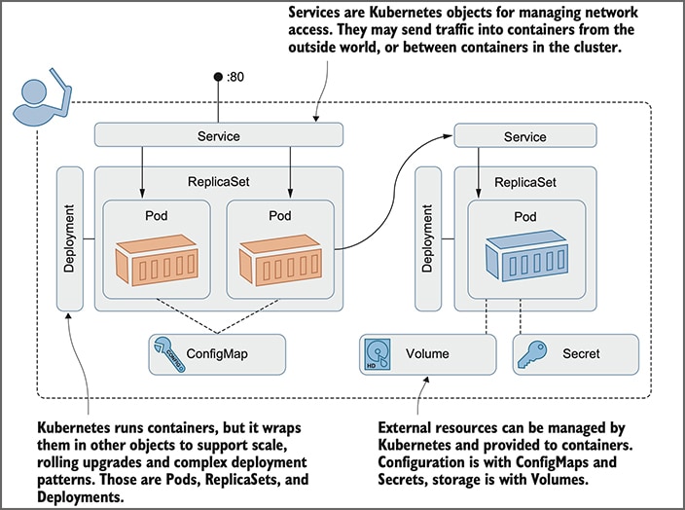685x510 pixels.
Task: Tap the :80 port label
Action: click(x=235, y=77)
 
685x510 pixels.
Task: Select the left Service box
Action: click(x=218, y=136)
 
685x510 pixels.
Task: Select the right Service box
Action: click(x=524, y=137)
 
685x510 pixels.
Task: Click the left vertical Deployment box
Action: click(x=70, y=238)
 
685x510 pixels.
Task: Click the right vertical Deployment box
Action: click(x=429, y=238)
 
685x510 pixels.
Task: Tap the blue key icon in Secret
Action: click(x=535, y=354)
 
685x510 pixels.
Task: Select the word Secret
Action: click(x=581, y=354)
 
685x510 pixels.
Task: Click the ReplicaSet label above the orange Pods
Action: click(x=218, y=181)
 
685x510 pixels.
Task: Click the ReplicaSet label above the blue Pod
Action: click(x=525, y=181)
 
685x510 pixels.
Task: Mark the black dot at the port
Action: click(x=219, y=77)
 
